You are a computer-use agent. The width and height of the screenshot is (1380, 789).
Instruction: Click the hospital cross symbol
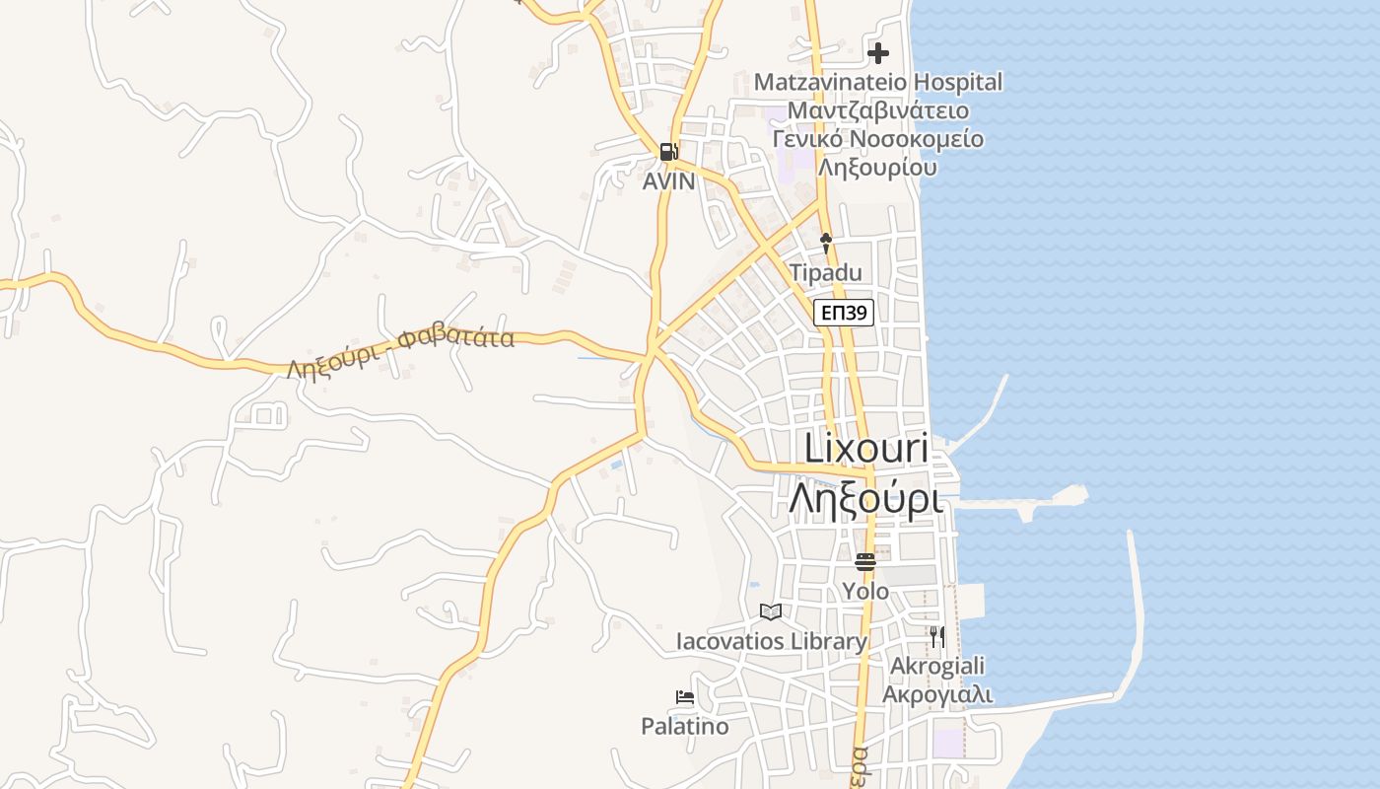[877, 52]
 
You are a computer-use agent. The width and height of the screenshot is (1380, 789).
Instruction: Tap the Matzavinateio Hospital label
[877, 82]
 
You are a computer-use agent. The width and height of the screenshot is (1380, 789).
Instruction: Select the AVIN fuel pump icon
[668, 152]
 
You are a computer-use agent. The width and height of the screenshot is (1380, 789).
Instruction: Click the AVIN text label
[668, 181]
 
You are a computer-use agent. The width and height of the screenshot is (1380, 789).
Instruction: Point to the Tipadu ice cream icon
[826, 242]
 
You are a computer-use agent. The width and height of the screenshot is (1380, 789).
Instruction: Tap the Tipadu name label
[826, 272]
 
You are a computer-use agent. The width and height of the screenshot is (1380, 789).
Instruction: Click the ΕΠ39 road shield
[844, 314]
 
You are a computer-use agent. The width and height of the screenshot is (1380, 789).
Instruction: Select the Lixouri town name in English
[866, 448]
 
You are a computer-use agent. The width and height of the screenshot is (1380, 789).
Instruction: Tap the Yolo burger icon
[865, 562]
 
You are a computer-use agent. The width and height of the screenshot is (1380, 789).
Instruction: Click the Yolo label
[865, 592]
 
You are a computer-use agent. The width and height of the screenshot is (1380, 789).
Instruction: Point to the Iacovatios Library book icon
[771, 612]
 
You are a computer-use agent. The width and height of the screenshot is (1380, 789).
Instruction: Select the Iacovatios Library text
[771, 642]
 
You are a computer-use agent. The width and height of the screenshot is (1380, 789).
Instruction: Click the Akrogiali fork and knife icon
[936, 636]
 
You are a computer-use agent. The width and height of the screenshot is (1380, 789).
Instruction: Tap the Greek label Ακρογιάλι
[936, 694]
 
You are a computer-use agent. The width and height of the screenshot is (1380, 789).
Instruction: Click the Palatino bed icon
[685, 697]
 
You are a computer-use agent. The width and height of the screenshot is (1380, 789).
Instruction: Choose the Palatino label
[685, 727]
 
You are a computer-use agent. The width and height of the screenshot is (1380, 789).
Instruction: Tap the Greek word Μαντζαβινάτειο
[877, 110]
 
